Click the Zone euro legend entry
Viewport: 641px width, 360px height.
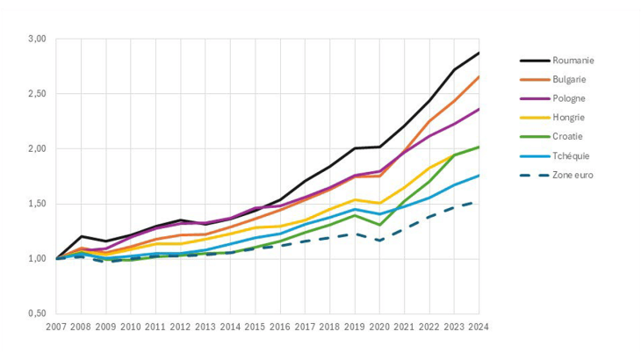573,175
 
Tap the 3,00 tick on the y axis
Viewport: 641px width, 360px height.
36,40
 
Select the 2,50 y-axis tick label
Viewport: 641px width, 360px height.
36,94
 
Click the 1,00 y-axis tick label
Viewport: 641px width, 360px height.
36,259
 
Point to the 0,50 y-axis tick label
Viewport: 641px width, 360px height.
36,313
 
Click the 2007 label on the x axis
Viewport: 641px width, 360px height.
57,328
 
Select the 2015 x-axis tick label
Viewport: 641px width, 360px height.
256,328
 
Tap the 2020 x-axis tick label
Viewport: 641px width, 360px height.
379,328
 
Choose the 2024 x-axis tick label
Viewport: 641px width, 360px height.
479,328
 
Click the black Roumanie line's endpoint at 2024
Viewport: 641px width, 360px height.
479,53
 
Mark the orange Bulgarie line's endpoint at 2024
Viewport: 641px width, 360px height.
479,76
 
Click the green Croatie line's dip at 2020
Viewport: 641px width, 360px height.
379,225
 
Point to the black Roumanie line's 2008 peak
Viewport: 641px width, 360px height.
82,236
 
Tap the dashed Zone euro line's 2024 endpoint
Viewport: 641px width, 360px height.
479,201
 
